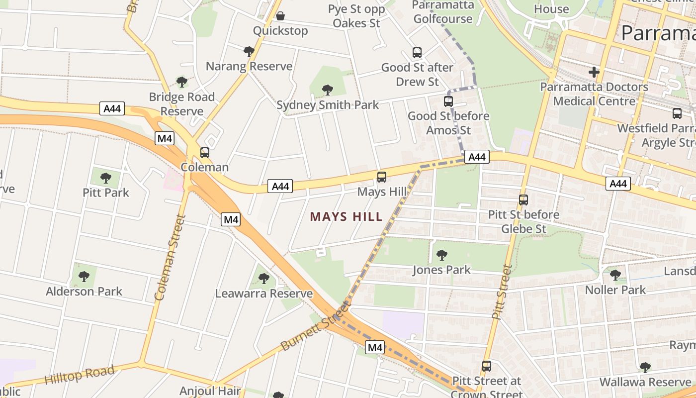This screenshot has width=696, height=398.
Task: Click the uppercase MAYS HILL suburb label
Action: tap(346, 216)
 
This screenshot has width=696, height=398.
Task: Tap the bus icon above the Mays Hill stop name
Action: tap(382, 177)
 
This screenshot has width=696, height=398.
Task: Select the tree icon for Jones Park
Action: tap(441, 255)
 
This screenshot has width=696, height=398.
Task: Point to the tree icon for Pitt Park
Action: tap(106, 178)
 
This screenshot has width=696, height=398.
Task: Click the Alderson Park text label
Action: tap(84, 292)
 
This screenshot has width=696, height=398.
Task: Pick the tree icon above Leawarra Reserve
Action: tap(264, 278)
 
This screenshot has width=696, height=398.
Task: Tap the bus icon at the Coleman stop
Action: tap(205, 153)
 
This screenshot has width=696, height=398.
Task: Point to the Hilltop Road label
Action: tap(80, 374)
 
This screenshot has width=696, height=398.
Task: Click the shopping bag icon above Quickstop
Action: tap(280, 16)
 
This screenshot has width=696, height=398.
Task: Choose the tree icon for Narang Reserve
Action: tap(249, 51)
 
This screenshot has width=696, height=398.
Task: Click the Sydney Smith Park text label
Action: tap(328, 105)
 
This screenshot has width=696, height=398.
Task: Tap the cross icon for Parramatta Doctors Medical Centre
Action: tap(594, 72)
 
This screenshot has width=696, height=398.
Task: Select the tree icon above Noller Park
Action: tap(615, 275)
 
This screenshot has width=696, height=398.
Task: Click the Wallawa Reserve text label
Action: tap(645, 382)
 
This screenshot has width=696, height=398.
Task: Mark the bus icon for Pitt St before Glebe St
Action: tap(523, 200)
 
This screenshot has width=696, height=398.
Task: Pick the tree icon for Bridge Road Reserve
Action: tap(182, 82)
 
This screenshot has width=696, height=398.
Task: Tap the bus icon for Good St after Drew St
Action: tap(417, 52)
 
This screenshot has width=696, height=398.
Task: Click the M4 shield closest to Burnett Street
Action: tap(375, 347)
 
